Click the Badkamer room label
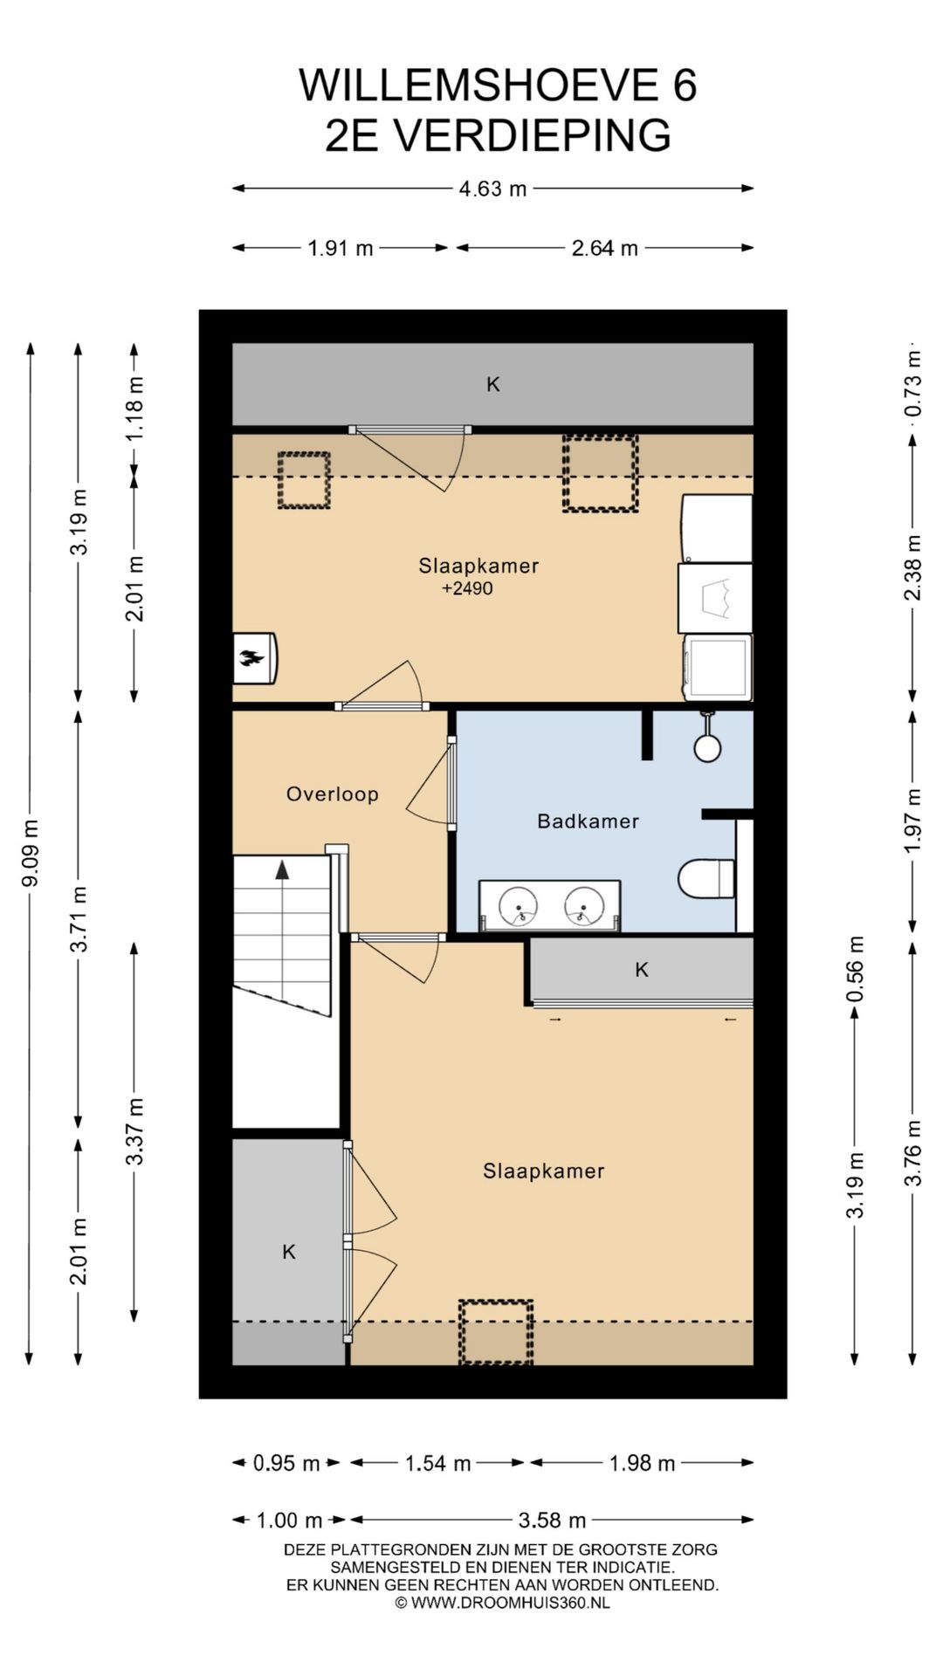point(588,821)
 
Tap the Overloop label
point(332,793)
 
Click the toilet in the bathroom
point(706,878)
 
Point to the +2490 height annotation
point(467,588)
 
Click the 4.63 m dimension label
point(492,189)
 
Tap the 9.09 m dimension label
point(30,853)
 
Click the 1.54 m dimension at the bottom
point(437,1463)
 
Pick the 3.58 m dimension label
point(552,1520)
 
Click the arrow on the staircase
point(282,869)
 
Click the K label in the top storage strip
point(492,384)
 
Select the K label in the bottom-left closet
point(289,1252)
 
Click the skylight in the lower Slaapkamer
point(496,1331)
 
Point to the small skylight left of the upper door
point(304,480)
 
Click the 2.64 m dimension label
point(604,248)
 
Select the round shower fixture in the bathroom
point(707,747)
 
